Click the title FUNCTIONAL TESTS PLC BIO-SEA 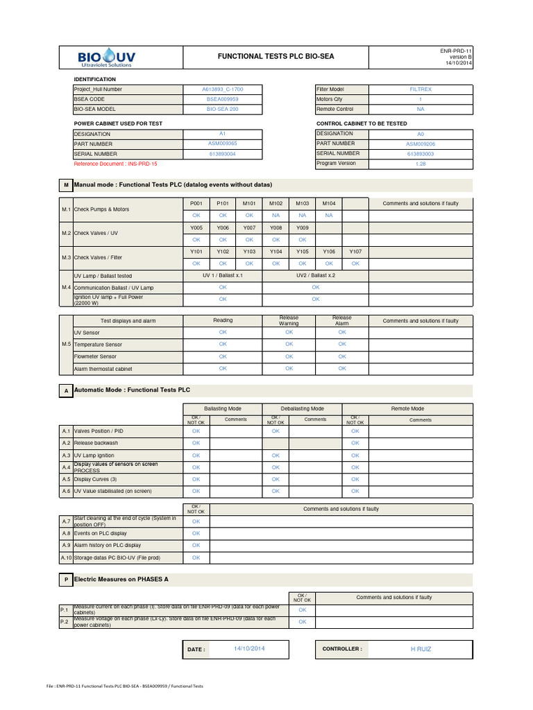click(x=276, y=56)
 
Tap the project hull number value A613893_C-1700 click(x=222, y=89)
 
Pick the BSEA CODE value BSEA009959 click(x=222, y=99)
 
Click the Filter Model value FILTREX click(x=421, y=89)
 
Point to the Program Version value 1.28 click(x=421, y=164)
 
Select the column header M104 click(x=328, y=203)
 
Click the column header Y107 click(x=355, y=252)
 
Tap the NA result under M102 click(x=276, y=216)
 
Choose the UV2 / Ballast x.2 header click(x=316, y=275)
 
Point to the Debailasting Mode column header click(x=302, y=409)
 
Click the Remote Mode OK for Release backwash click(x=355, y=443)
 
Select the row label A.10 click(x=66, y=557)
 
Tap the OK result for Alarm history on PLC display click(x=196, y=546)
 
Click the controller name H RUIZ click(x=421, y=650)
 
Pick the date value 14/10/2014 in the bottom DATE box click(x=249, y=649)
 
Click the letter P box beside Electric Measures click(x=66, y=578)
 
